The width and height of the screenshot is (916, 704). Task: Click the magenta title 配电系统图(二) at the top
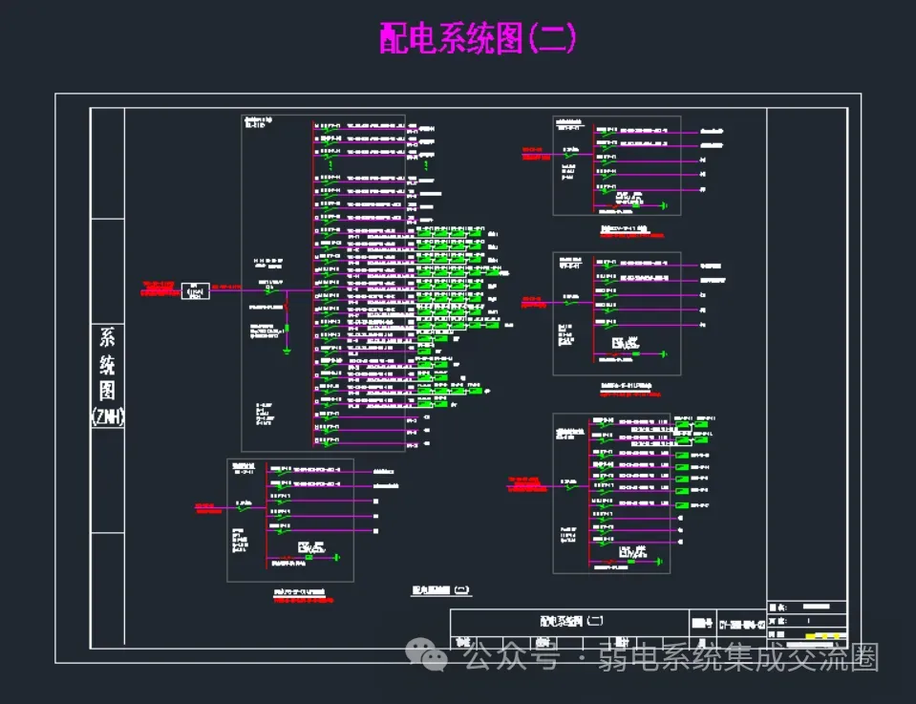tap(478, 39)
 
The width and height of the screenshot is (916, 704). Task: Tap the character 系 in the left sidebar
tap(107, 338)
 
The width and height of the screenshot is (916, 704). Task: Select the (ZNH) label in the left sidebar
tap(107, 416)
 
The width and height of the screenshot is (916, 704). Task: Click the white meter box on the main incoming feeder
tap(195, 290)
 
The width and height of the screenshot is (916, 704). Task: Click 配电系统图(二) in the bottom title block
tap(570, 621)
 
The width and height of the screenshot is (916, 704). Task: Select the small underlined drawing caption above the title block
tap(440, 591)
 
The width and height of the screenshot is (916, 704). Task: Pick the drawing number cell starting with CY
tap(739, 622)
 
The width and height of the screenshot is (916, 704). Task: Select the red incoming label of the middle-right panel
tap(531, 303)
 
